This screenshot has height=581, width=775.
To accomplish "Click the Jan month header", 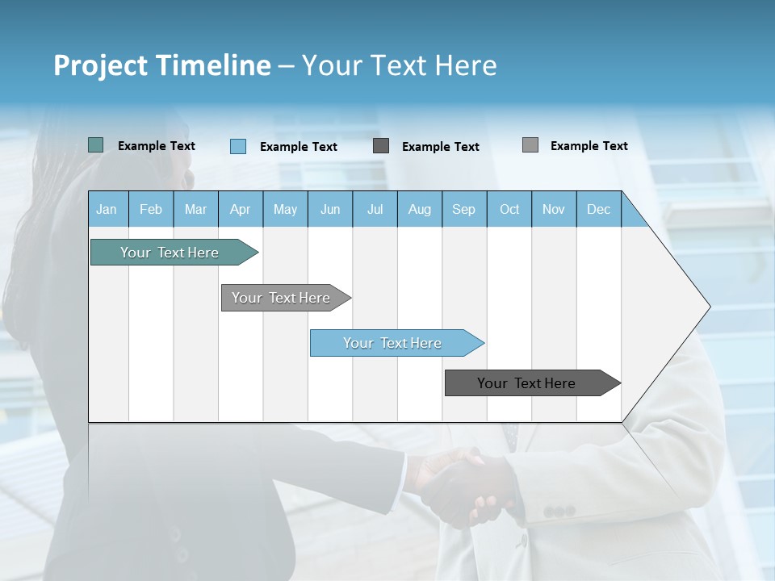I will pyautogui.click(x=107, y=209).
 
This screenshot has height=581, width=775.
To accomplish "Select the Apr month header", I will pyautogui.click(x=240, y=209).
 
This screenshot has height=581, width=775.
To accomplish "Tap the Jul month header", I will pyautogui.click(x=375, y=209).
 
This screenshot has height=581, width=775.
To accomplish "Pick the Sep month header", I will pyautogui.click(x=463, y=209).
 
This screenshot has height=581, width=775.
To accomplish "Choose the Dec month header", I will pyautogui.click(x=598, y=209).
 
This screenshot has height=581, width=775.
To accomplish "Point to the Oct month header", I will pyautogui.click(x=509, y=209).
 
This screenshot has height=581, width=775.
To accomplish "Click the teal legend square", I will pyautogui.click(x=95, y=145).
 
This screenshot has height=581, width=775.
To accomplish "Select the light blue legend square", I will pyautogui.click(x=237, y=146).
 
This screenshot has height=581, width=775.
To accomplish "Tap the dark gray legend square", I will pyautogui.click(x=381, y=146).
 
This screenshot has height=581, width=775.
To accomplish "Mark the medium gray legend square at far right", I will pyautogui.click(x=530, y=145).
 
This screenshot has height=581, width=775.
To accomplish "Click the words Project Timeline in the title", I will pyautogui.click(x=162, y=65).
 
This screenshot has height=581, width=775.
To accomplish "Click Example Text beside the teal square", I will pyautogui.click(x=157, y=146).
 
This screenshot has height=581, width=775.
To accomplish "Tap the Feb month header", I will pyautogui.click(x=150, y=209).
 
